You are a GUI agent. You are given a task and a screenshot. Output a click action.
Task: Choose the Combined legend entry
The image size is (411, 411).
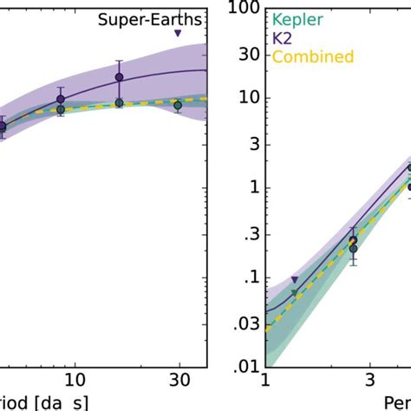coord(312,56)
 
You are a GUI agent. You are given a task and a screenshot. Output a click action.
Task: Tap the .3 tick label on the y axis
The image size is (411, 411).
coord(250,233)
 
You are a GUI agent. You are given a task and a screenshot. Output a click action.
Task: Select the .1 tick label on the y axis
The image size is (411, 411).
coord(250,278)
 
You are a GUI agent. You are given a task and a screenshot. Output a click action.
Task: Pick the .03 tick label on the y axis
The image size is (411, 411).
coord(246,323)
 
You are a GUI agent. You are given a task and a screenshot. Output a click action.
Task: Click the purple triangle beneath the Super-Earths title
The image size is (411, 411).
coord(178,34)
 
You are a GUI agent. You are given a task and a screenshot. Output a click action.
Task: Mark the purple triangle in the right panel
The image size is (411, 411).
coord(295,279)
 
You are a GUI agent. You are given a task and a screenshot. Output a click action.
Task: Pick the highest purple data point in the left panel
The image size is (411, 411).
coord(120,78)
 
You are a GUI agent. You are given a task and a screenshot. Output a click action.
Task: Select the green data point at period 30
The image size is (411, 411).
coord(178,105)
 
